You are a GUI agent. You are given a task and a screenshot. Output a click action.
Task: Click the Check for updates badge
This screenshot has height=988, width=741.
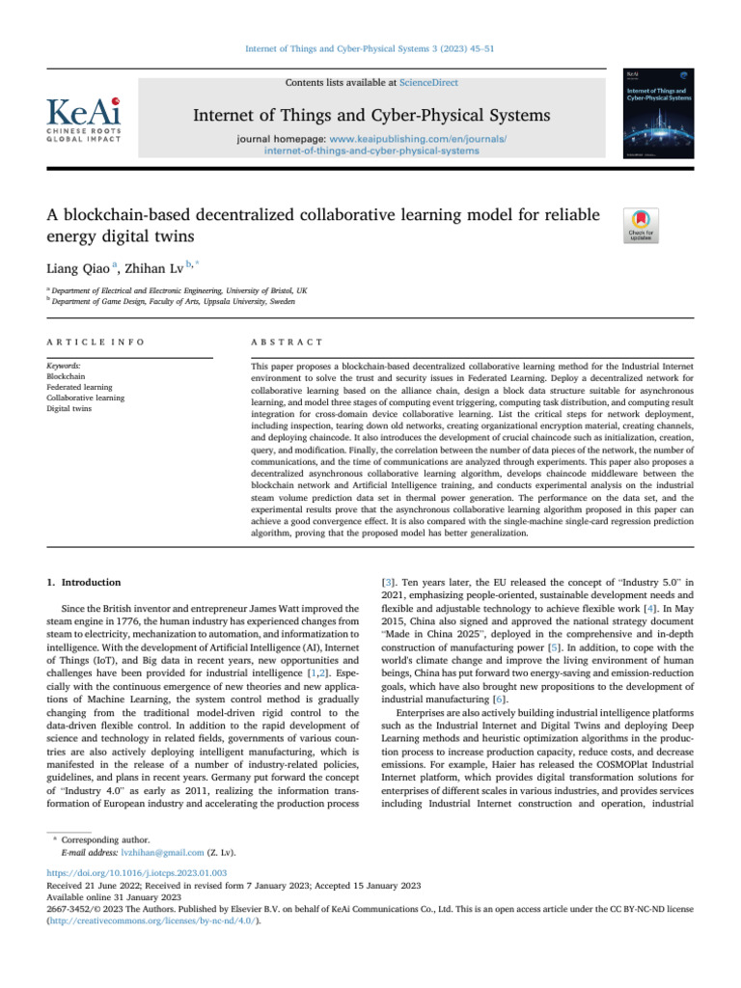643,224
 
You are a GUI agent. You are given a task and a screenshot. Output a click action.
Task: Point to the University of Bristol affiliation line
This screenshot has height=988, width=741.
180,289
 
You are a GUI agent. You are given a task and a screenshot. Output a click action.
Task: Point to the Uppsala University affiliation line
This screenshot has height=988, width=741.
174,301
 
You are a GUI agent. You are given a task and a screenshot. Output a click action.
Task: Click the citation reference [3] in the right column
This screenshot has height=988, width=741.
391,583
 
